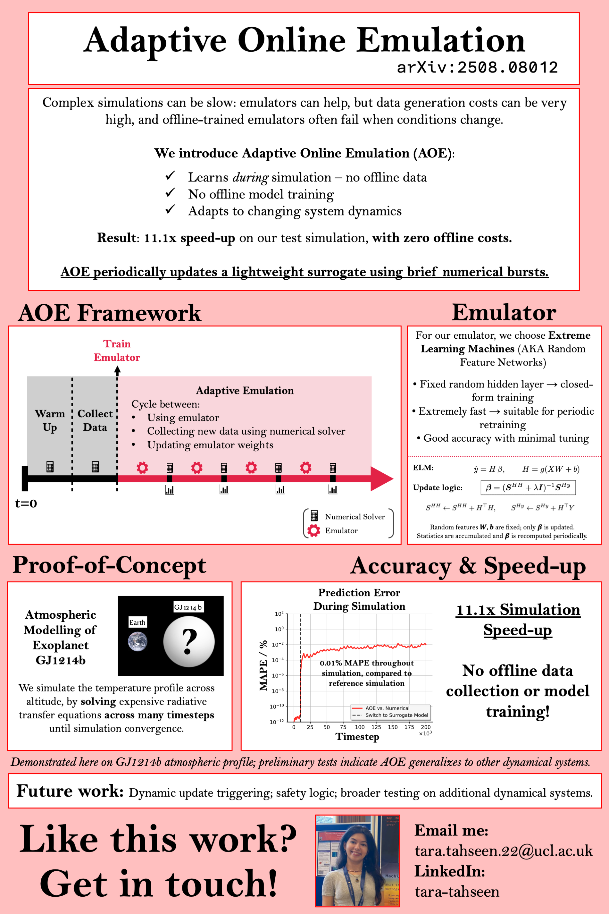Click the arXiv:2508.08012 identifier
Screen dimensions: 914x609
(477, 68)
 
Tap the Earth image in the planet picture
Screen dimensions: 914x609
(138, 641)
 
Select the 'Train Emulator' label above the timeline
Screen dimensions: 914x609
(117, 351)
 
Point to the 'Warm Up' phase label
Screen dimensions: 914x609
(50, 420)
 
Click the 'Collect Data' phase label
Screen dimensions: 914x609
(95, 420)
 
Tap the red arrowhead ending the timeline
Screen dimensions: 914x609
(381, 478)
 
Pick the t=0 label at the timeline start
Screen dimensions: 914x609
(26, 504)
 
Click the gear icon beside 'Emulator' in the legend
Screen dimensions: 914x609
(314, 530)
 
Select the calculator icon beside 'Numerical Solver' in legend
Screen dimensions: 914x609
(314, 516)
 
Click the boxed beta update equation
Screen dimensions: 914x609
(528, 487)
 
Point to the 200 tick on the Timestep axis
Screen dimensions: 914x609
(426, 727)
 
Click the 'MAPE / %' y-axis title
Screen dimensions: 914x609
(263, 665)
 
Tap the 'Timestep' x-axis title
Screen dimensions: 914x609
(357, 737)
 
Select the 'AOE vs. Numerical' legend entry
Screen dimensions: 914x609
(387, 708)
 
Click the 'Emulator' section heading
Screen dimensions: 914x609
(504, 312)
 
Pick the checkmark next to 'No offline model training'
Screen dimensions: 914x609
(170, 192)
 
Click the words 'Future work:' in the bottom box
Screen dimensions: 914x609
(70, 791)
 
